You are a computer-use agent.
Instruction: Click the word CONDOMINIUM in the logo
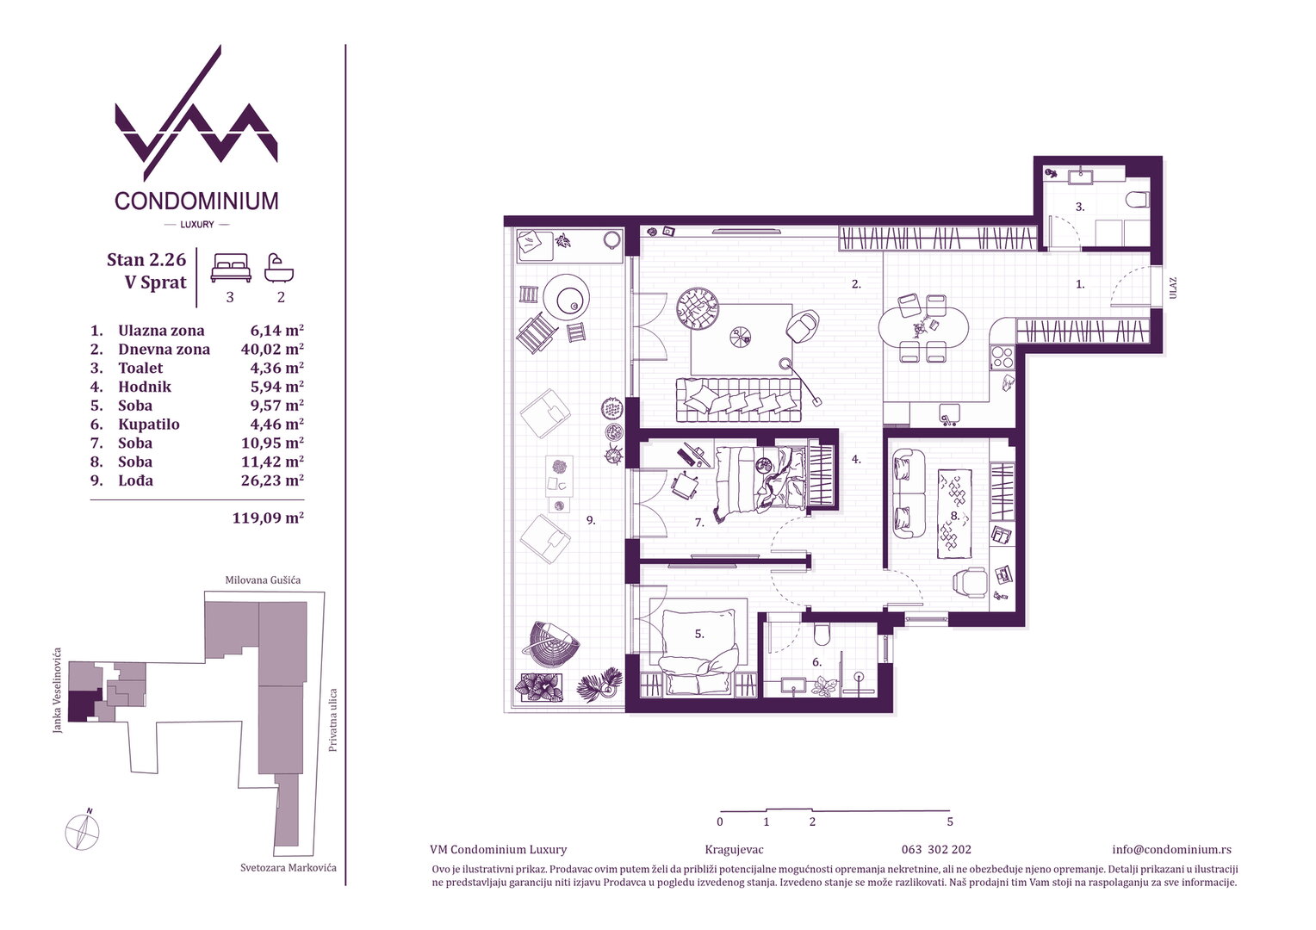click(x=196, y=201)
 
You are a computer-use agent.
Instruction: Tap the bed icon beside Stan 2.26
click(x=231, y=268)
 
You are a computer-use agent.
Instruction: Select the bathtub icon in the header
click(x=278, y=268)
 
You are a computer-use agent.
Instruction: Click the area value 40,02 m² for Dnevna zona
click(x=272, y=349)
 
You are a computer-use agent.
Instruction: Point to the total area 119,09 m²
click(x=268, y=518)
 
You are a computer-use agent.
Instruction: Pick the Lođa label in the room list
click(x=136, y=480)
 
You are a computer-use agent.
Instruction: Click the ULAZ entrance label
click(x=1173, y=288)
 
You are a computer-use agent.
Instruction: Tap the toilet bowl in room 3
click(x=1138, y=201)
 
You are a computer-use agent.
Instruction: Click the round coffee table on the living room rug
click(x=741, y=337)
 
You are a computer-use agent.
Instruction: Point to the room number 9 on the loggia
click(x=591, y=520)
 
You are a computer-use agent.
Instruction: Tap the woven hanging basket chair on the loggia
click(x=549, y=644)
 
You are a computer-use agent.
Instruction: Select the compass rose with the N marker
click(x=83, y=831)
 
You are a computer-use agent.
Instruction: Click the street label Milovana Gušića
click(x=264, y=580)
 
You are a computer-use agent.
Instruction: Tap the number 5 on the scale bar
click(x=950, y=821)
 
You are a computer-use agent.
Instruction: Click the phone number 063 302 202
click(x=936, y=850)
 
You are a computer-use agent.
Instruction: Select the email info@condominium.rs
click(x=1171, y=850)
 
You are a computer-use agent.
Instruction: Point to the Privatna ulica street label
click(x=333, y=720)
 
